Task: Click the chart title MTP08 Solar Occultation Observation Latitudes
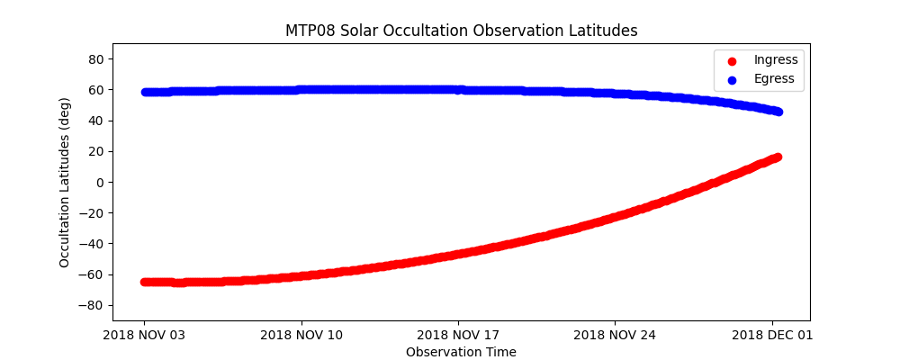461,31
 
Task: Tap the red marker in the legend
731,60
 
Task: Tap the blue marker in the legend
731,78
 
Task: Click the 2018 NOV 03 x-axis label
144,336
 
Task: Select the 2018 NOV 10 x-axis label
301,336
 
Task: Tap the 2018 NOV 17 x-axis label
458,336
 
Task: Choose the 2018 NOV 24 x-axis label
615,336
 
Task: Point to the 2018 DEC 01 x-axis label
772,336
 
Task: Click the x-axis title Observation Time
461,352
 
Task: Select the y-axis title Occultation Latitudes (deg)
65,182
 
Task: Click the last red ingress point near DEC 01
778,157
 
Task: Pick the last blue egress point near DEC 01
778,112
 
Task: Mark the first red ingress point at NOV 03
145,282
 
